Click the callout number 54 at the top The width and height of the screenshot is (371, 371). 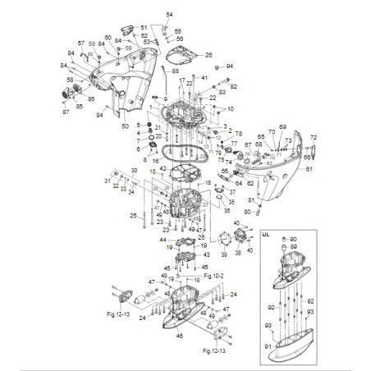(170, 15)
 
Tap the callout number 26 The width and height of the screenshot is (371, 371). (208, 55)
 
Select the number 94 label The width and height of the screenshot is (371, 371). (230, 66)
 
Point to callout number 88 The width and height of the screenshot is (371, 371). (176, 72)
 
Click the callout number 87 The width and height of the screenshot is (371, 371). (65, 112)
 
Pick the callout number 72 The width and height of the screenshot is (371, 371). (313, 137)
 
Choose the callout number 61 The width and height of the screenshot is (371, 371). (309, 169)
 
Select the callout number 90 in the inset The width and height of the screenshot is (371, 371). (295, 238)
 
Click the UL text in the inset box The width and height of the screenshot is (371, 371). (265, 234)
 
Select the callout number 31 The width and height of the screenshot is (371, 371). (107, 181)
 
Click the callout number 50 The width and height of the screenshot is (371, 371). (125, 126)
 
